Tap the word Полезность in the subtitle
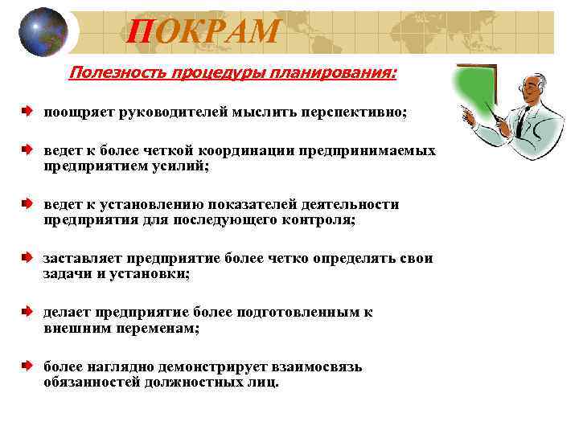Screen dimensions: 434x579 113,75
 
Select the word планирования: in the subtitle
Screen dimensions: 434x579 337,75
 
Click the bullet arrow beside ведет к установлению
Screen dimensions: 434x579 27,204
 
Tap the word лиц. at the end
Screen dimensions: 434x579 263,383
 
